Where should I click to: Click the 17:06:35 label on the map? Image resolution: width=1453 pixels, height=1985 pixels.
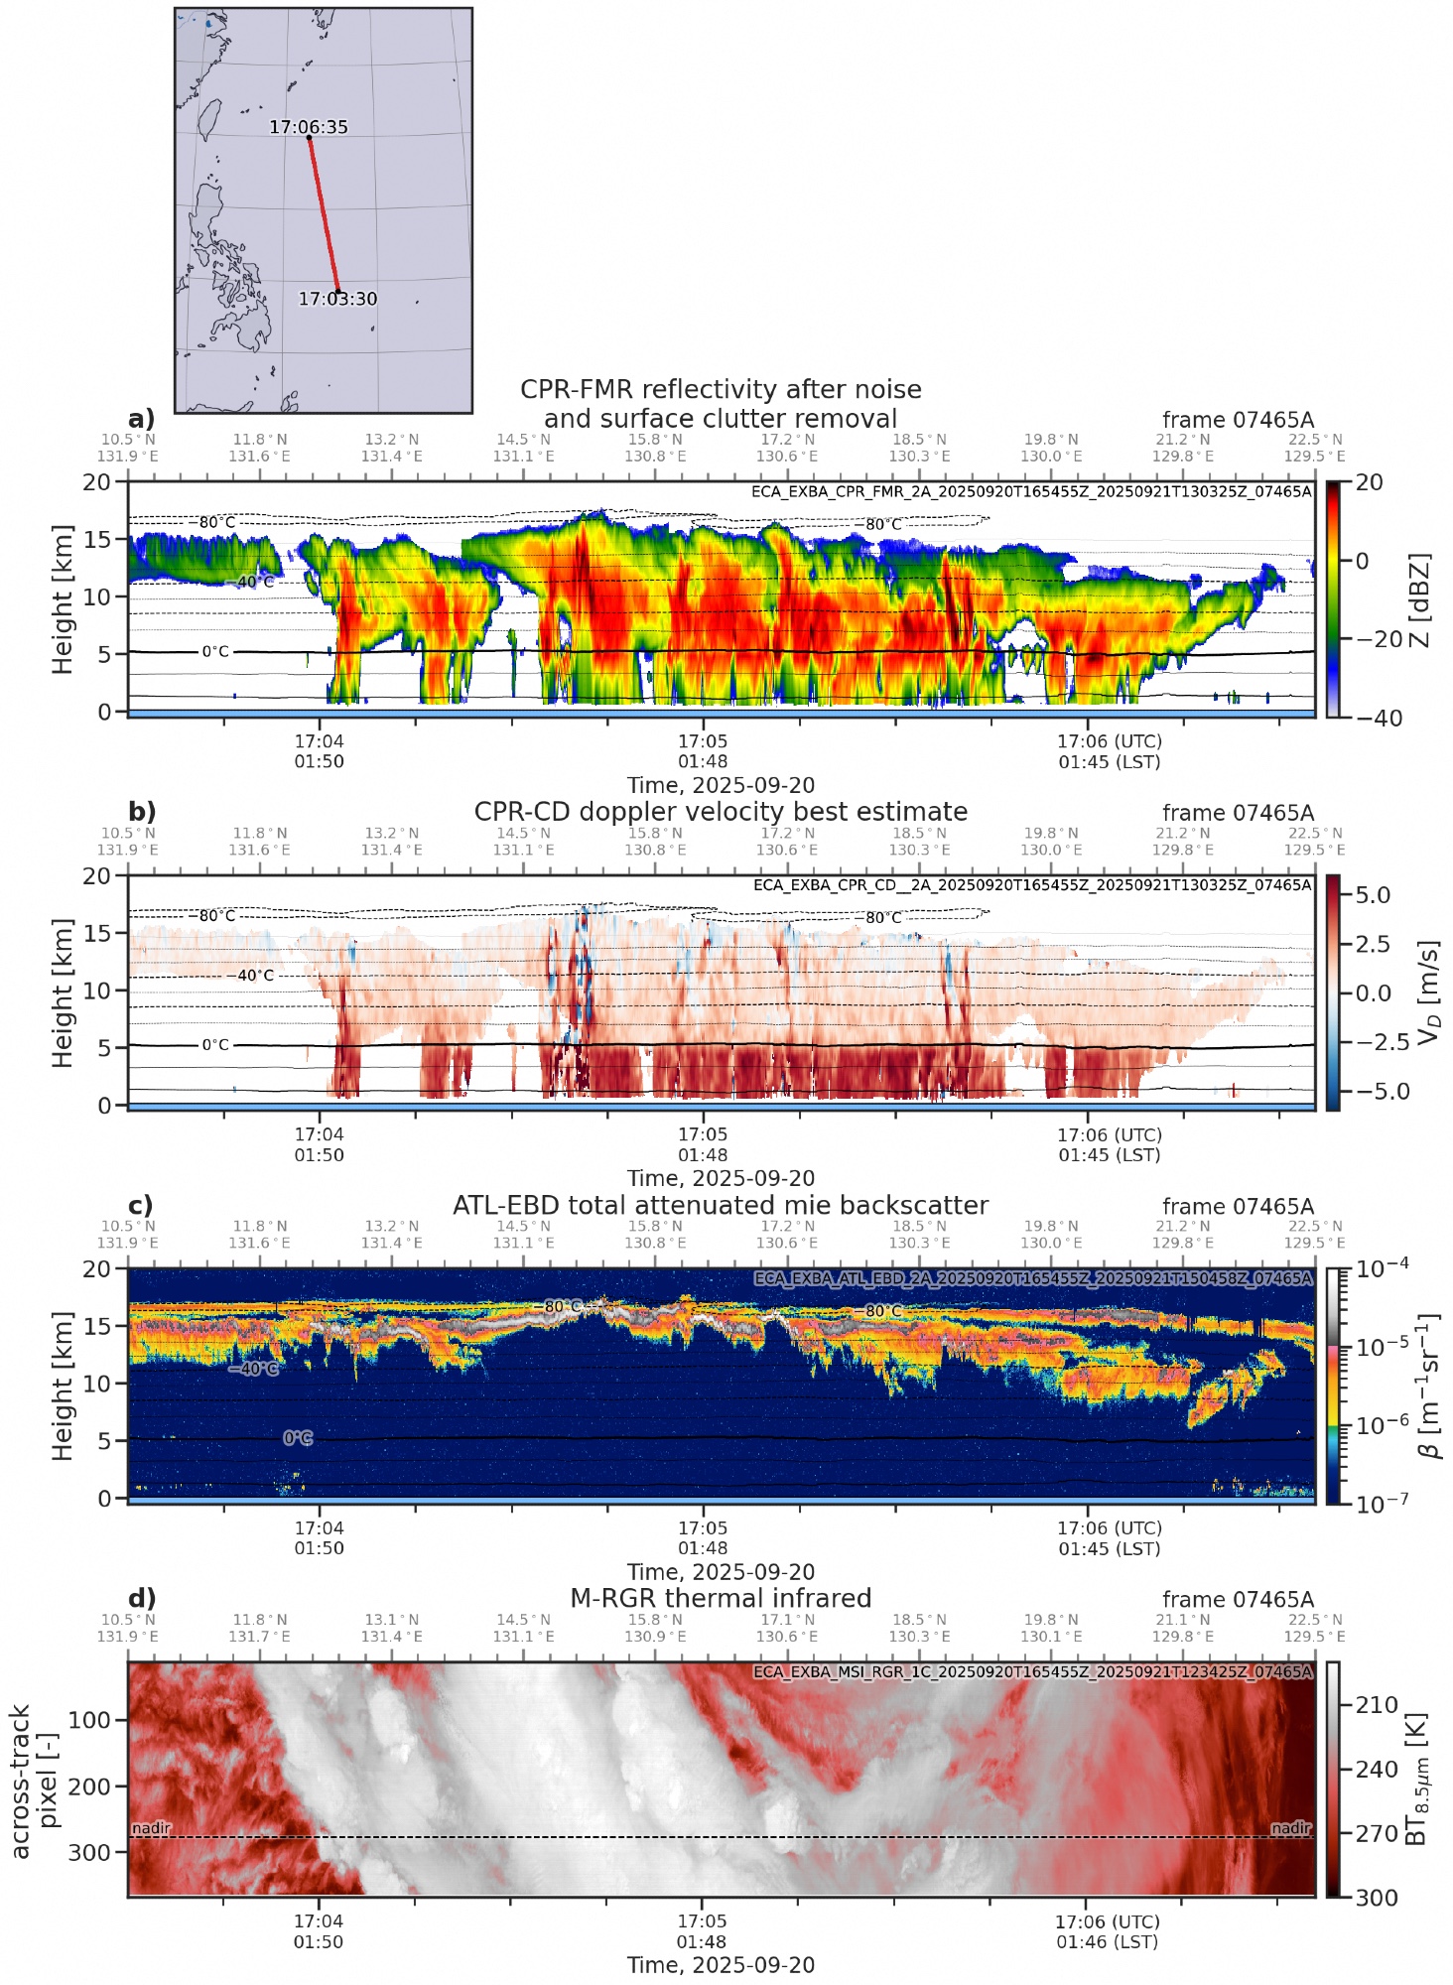309,127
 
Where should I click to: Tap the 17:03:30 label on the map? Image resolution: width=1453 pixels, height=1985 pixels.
337,299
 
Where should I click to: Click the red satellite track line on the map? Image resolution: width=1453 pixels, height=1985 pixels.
324,214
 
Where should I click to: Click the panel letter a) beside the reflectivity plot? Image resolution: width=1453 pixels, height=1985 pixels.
142,418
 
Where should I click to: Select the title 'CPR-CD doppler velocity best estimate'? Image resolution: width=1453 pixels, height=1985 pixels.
721,811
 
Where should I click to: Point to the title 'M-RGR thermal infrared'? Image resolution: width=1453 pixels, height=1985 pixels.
721,1598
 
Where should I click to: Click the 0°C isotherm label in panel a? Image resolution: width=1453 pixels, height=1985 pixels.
215,652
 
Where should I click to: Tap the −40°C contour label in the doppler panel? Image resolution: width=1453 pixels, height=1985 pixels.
254,976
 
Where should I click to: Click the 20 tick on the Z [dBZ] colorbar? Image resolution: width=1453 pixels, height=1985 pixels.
1369,482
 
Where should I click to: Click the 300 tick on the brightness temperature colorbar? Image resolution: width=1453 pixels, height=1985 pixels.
1377,1898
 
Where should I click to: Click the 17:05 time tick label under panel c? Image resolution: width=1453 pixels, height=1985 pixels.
703,1528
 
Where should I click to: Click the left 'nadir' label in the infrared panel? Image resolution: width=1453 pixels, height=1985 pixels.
151,1828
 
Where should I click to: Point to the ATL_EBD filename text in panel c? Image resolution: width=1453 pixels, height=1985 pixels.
1032,1278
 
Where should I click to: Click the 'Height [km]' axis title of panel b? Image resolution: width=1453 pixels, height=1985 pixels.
64,992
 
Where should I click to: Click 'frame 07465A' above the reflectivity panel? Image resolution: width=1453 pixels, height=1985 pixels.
1238,420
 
